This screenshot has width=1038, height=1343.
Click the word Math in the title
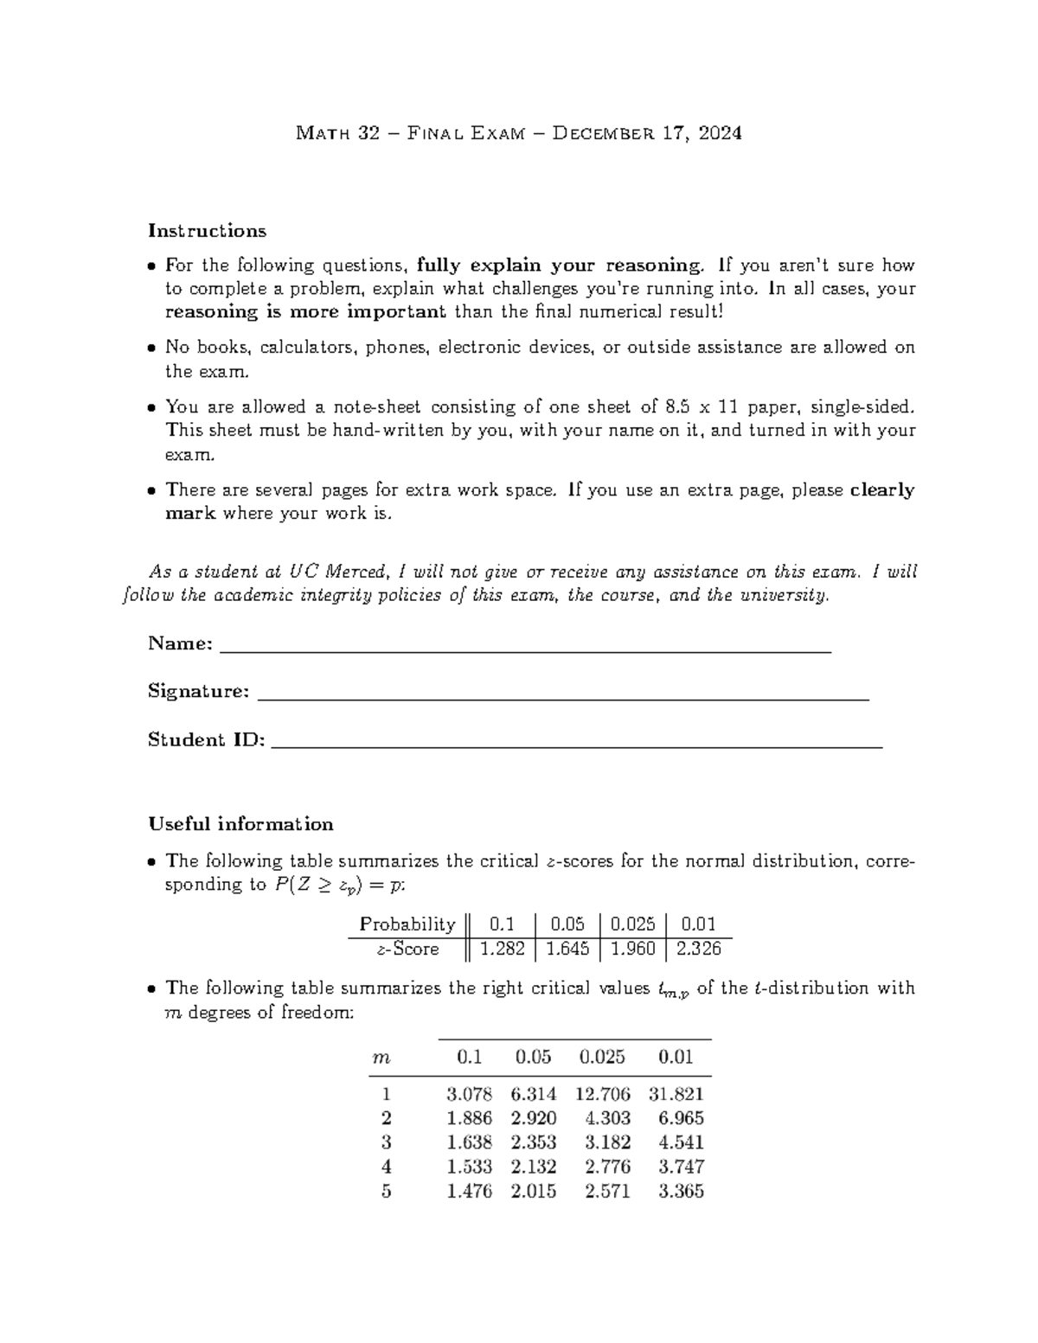point(321,133)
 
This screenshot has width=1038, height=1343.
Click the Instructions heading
point(207,231)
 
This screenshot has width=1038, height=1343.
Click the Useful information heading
point(240,824)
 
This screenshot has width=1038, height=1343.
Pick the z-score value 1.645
point(567,949)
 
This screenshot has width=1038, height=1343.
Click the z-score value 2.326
point(698,949)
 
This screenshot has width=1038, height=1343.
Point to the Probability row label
point(407,924)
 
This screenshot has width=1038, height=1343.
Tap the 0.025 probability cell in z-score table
point(632,924)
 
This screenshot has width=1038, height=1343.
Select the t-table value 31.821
point(681,1094)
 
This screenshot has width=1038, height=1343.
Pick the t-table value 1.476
point(469,1191)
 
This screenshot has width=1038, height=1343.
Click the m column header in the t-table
point(381,1057)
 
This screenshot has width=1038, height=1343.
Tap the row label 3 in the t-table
point(386,1142)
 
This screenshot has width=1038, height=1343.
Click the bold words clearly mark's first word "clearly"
point(881,490)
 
